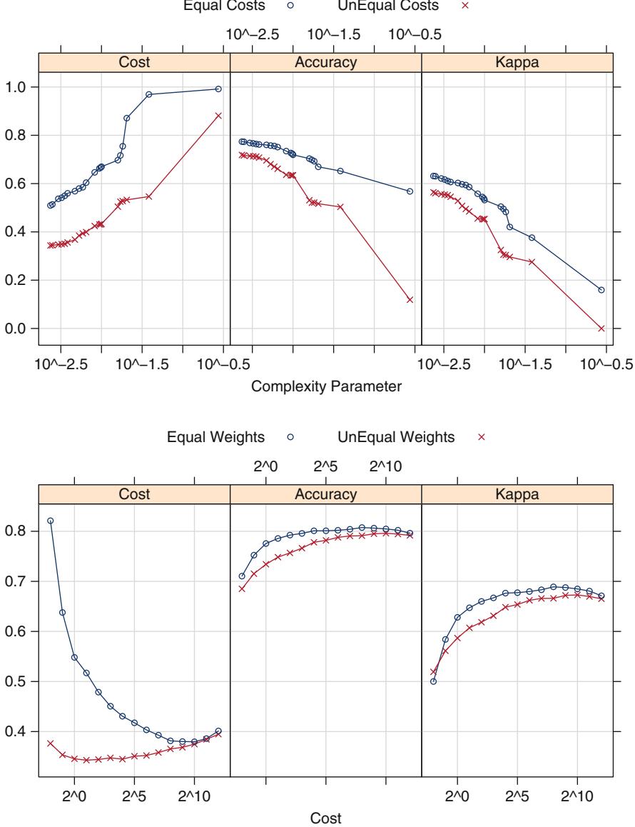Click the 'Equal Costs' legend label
[x=215, y=7]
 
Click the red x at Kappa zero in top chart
[x=601, y=329]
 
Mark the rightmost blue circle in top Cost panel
[x=218, y=89]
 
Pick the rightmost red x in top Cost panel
[x=218, y=116]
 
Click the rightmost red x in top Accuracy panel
[x=410, y=300]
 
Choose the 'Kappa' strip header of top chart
[x=517, y=63]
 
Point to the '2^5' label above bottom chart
[x=326, y=466]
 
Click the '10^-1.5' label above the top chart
[x=334, y=34]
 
